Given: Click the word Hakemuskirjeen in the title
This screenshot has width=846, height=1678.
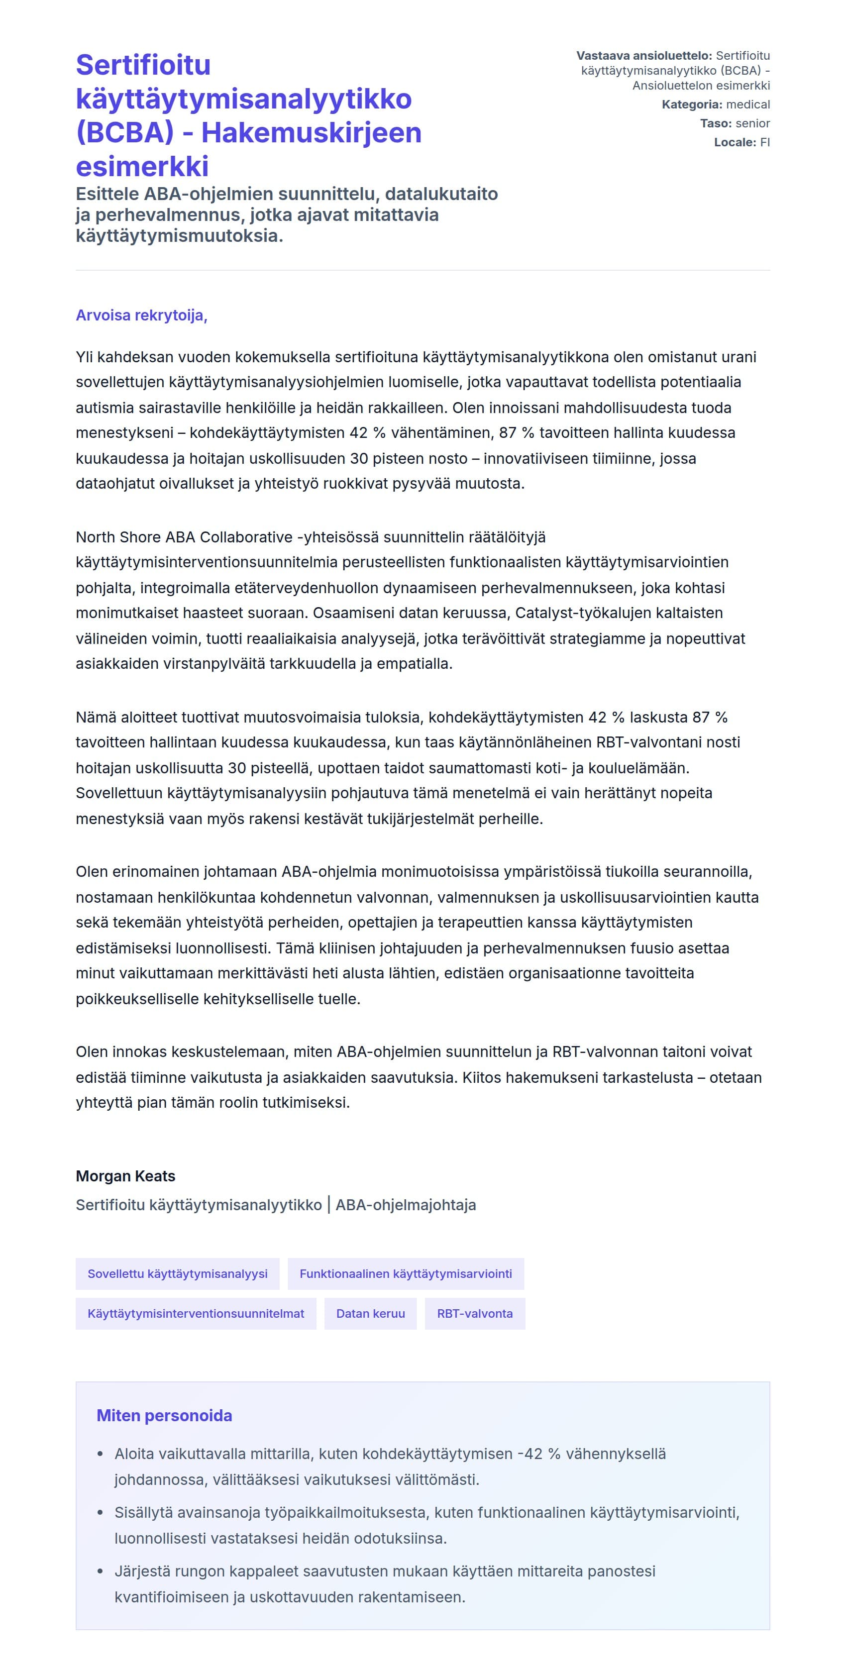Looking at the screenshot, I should [x=312, y=133].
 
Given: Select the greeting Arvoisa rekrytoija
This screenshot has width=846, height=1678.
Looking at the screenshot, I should [x=141, y=316].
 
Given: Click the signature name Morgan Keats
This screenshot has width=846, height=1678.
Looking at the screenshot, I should [x=126, y=1176].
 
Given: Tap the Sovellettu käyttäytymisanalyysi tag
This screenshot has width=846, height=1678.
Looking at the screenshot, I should [x=177, y=1273].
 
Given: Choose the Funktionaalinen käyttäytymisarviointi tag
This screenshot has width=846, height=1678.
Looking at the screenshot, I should [x=405, y=1273].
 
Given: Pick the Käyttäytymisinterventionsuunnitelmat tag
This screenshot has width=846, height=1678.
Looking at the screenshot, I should [x=196, y=1313].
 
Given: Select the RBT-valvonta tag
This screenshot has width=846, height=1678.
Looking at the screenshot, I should [x=475, y=1313].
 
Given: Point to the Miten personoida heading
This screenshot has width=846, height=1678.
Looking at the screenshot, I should [x=164, y=1415].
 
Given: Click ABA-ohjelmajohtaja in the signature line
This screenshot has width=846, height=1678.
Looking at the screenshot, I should [x=406, y=1205].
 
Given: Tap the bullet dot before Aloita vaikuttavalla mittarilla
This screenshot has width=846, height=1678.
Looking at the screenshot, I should [x=101, y=1454].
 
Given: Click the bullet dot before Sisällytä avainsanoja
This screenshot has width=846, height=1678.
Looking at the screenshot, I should [x=101, y=1513].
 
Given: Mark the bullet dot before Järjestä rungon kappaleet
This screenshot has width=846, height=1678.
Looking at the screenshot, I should [x=101, y=1571].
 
